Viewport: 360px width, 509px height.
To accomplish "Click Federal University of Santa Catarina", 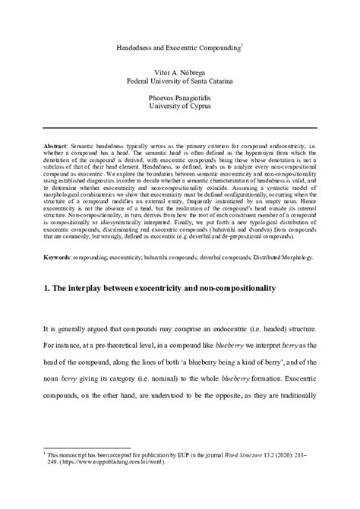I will [x=179, y=79].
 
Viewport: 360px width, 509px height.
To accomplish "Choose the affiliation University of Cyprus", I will [x=179, y=109].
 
